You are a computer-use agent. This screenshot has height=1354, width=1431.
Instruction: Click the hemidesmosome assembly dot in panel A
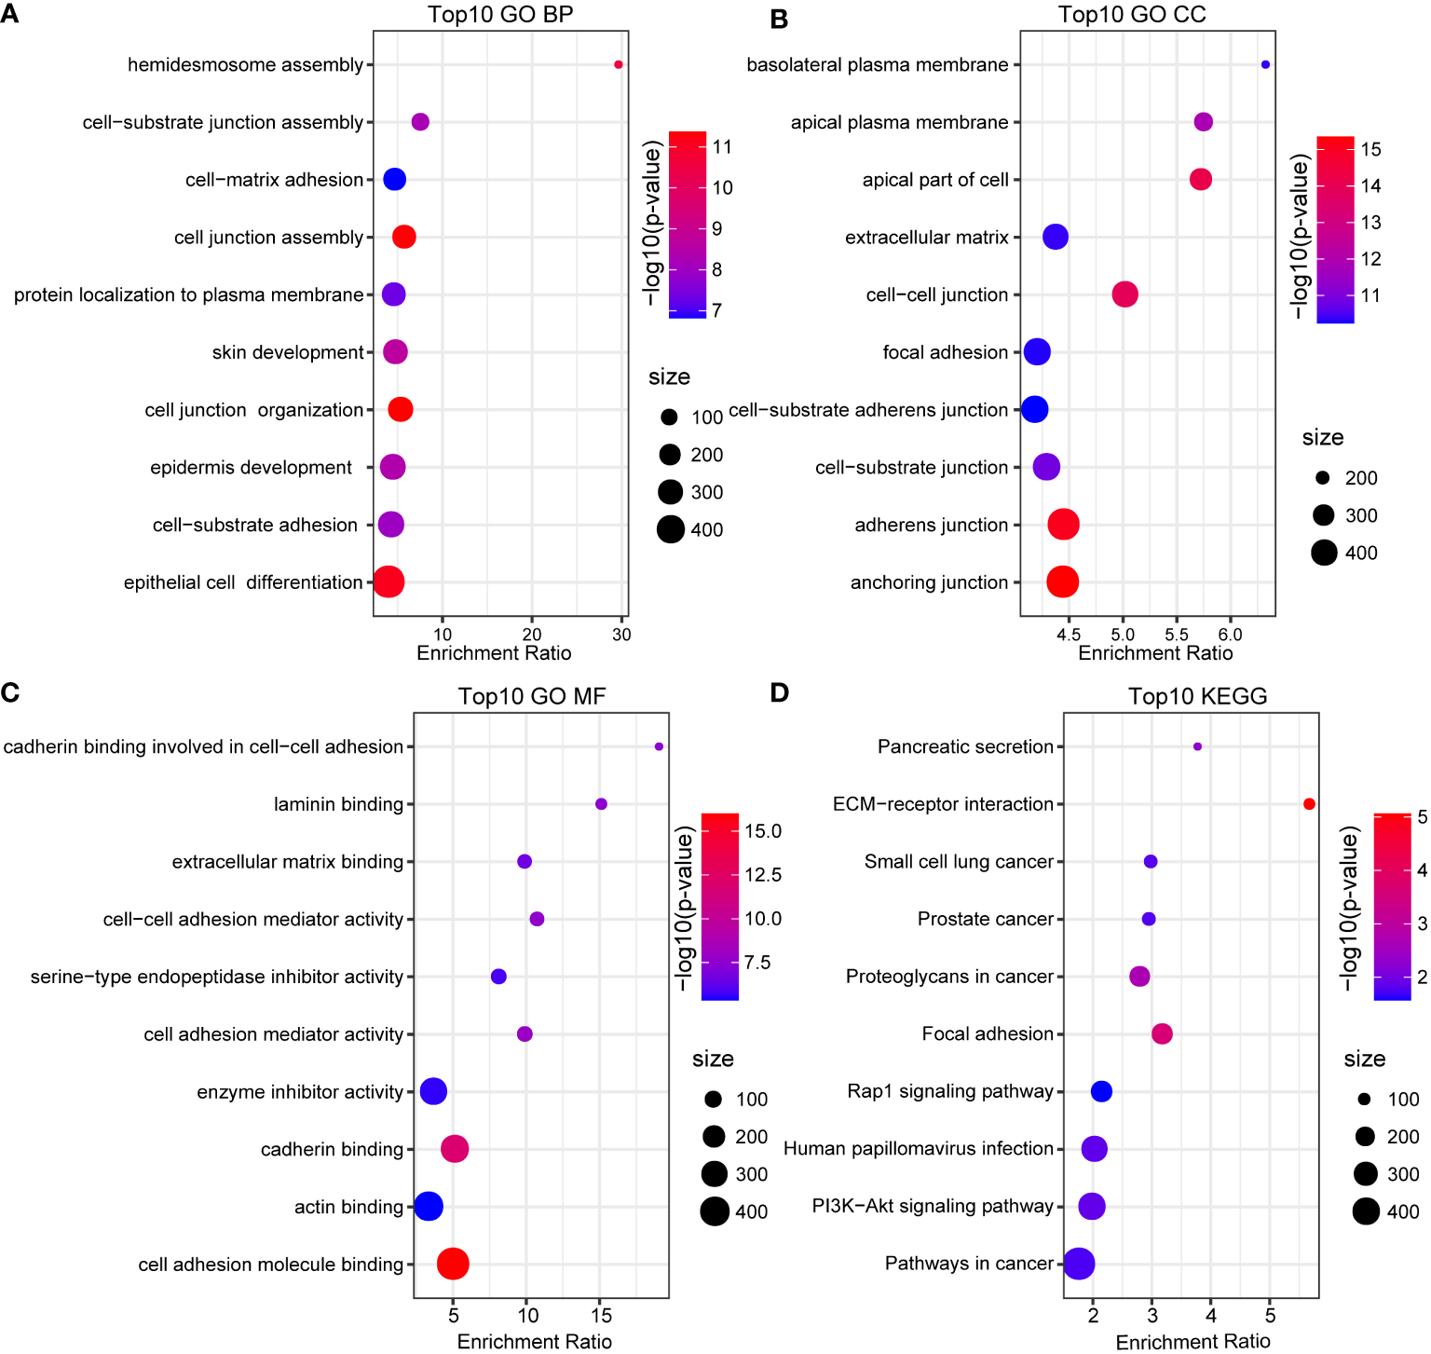click(x=618, y=64)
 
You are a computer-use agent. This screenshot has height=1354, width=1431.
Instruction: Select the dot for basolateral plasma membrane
click(x=1264, y=64)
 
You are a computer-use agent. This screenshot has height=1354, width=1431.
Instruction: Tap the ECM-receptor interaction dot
click(x=1309, y=804)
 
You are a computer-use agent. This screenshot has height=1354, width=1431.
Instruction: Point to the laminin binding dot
click(x=601, y=804)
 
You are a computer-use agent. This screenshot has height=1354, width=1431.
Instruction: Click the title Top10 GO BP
click(x=500, y=15)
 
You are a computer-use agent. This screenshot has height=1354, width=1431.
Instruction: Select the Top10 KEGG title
click(x=1197, y=696)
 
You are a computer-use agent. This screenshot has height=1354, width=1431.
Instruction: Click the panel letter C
click(x=10, y=692)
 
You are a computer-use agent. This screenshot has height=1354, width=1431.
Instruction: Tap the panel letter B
click(x=780, y=19)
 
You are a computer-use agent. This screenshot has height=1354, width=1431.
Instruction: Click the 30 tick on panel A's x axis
click(x=621, y=635)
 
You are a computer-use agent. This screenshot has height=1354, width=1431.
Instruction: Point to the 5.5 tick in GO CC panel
click(x=1177, y=635)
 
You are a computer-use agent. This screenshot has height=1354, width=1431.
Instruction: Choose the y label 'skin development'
click(x=288, y=352)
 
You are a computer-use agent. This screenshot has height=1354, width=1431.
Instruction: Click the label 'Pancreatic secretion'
click(x=965, y=746)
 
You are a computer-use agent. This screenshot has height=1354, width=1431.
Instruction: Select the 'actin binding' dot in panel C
click(x=428, y=1206)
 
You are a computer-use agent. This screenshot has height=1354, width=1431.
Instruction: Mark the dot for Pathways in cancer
click(x=1079, y=1264)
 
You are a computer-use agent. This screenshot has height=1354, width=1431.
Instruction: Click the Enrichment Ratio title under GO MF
click(x=534, y=1341)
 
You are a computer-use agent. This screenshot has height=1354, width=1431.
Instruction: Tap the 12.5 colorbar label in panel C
click(x=762, y=874)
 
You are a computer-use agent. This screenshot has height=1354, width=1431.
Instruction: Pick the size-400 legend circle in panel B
click(x=1324, y=553)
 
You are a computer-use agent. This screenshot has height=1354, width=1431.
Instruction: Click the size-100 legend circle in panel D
click(x=1364, y=1100)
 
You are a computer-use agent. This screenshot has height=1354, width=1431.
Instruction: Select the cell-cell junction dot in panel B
click(x=1124, y=294)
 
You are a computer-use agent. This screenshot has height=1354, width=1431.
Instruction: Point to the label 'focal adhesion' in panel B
click(x=945, y=352)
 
